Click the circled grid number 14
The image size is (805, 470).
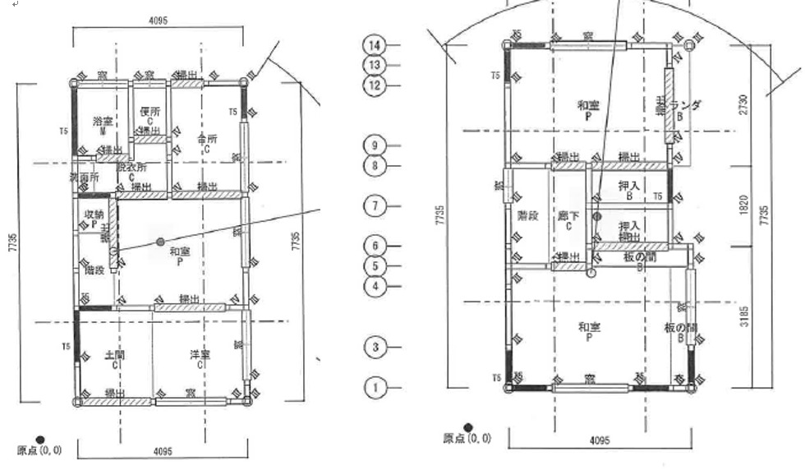click(x=374, y=44)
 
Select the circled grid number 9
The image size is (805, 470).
click(x=374, y=145)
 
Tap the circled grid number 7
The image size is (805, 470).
click(x=374, y=205)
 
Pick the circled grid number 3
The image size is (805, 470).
click(x=374, y=347)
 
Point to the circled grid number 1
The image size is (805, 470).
click(x=374, y=386)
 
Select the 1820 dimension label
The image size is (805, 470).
click(x=743, y=202)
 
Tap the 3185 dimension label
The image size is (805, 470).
click(x=743, y=316)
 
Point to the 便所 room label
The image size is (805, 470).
click(x=149, y=111)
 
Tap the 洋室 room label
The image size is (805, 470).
click(x=200, y=355)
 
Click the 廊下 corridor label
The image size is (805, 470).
click(x=568, y=216)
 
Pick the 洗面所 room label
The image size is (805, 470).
click(x=83, y=177)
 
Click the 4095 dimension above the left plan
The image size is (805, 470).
click(x=159, y=20)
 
